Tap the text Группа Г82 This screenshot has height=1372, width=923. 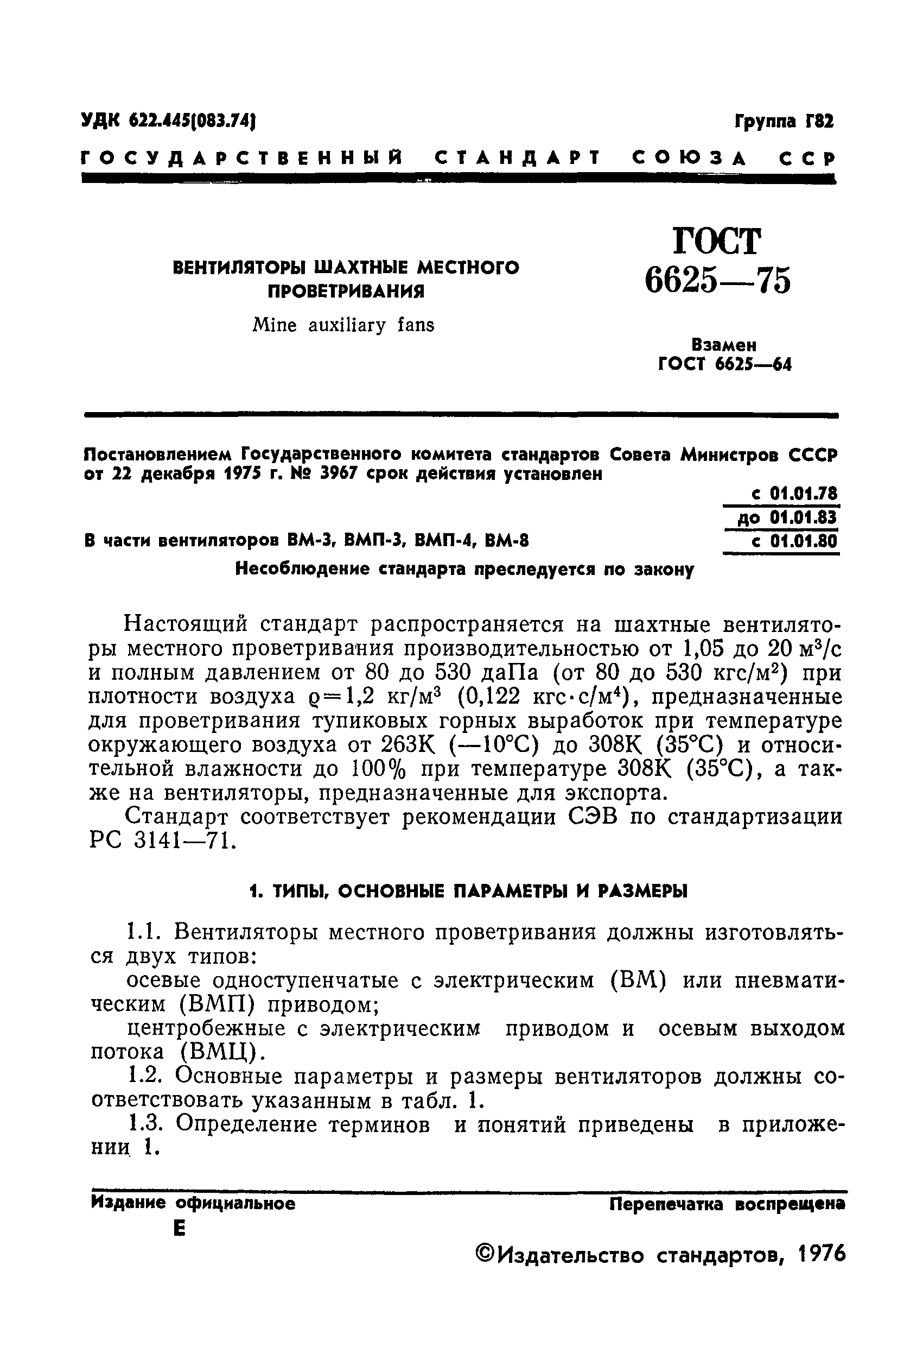pos(784,122)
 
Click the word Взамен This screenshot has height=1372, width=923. pos(724,344)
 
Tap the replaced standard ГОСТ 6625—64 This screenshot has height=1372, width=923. pos(724,365)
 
